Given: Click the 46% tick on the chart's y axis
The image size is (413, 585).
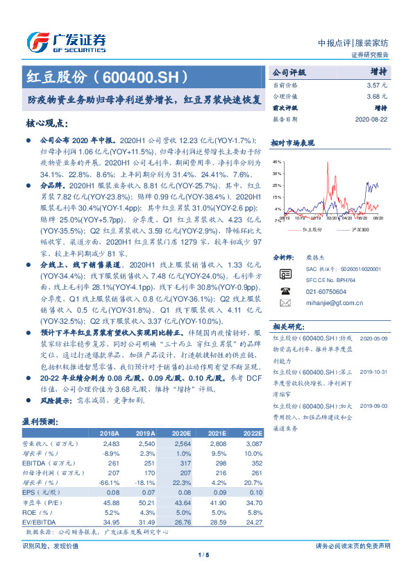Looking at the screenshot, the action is click(278, 161).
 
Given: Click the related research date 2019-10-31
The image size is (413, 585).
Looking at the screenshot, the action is click(376, 372).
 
